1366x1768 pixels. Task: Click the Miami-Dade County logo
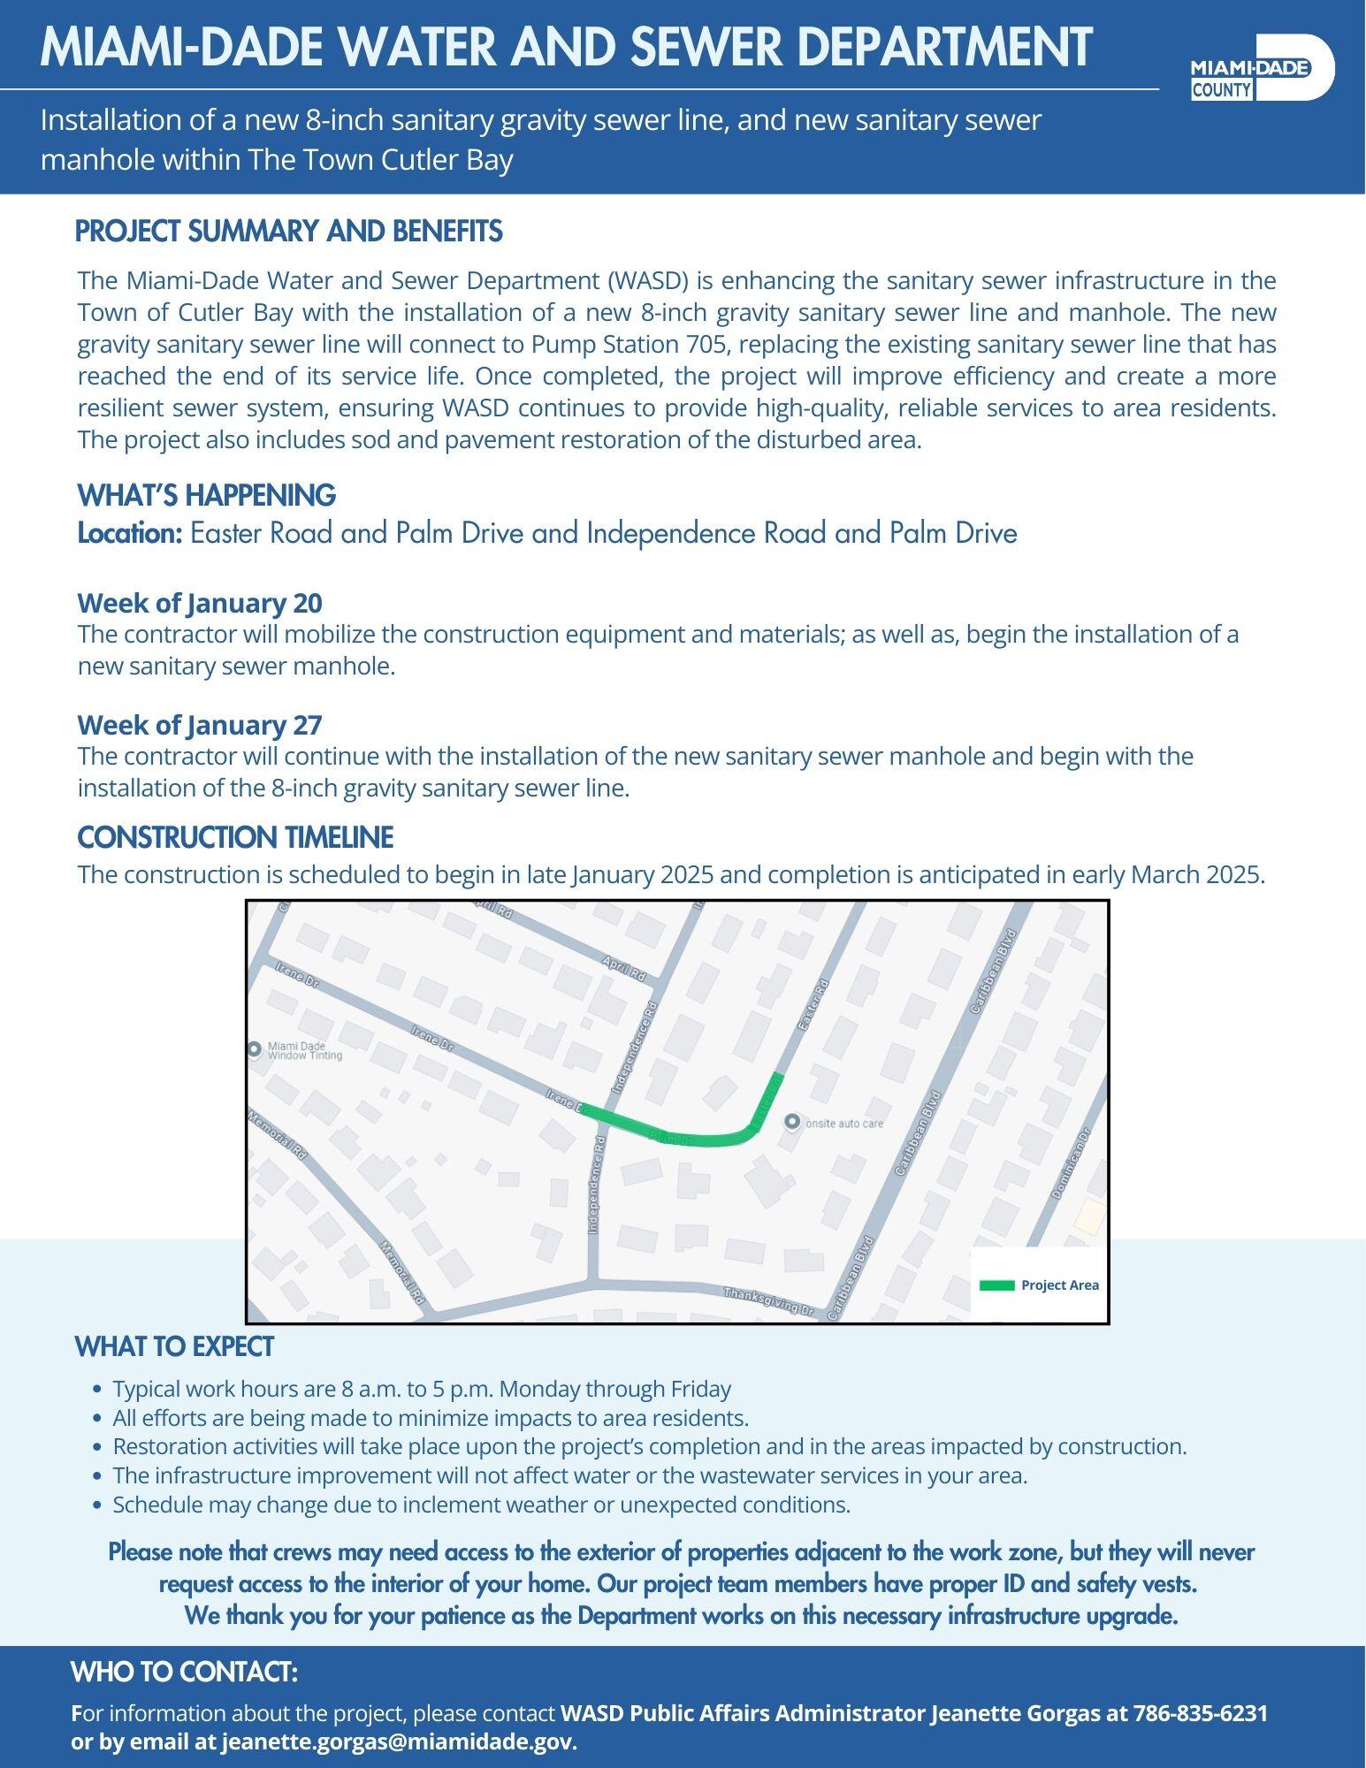click(1262, 68)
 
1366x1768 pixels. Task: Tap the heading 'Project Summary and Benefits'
click(288, 232)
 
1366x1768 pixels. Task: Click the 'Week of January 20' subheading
click(200, 603)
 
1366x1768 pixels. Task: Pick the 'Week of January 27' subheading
click(200, 725)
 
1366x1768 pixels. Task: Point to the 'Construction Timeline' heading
click(235, 837)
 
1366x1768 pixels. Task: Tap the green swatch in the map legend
click(996, 1285)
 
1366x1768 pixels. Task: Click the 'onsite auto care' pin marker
click(792, 1122)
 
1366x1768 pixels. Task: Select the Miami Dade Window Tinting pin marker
click(255, 1049)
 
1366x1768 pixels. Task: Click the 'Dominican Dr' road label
click(1071, 1162)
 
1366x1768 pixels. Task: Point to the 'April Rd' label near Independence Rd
click(623, 968)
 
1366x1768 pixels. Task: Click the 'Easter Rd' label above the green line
click(813, 1005)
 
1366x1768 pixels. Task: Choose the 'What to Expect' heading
click(174, 1347)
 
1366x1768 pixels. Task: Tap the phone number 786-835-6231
click(1200, 1713)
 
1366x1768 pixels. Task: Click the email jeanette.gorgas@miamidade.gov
click(398, 1742)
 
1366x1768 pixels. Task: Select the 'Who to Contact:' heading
click(184, 1673)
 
